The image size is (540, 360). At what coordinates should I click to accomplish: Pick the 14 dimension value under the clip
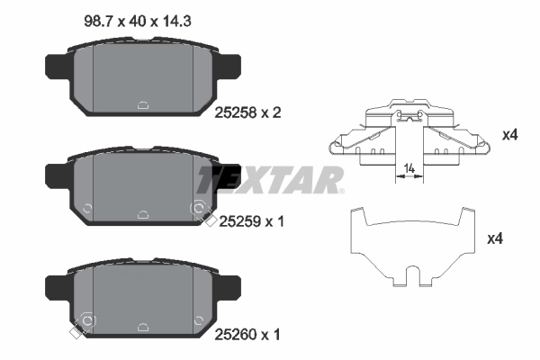(409, 167)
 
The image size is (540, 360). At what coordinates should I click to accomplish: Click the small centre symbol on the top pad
(144, 103)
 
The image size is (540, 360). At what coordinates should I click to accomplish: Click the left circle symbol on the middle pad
(86, 209)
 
